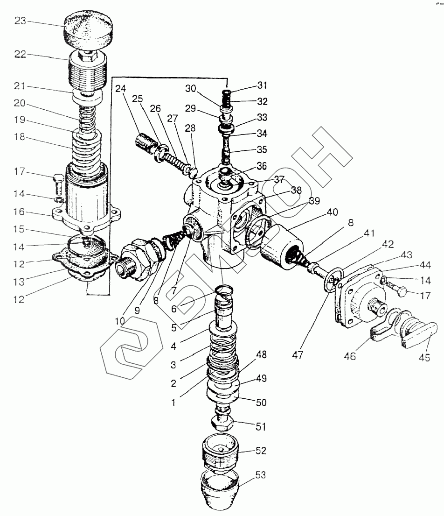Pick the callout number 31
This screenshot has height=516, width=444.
(262, 86)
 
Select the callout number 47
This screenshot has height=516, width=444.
(298, 355)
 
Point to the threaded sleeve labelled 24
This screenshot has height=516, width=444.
(146, 142)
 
